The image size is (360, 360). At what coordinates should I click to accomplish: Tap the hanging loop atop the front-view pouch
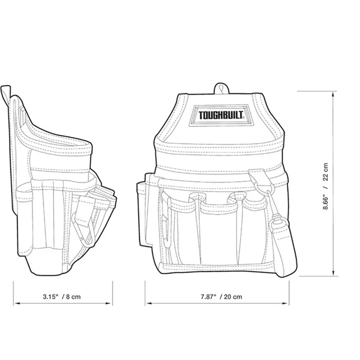point(220,88)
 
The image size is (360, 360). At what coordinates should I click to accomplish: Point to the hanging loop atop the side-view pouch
point(5,93)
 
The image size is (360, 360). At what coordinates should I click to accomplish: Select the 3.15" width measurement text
point(51,297)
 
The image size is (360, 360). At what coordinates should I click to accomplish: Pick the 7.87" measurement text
point(207,297)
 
